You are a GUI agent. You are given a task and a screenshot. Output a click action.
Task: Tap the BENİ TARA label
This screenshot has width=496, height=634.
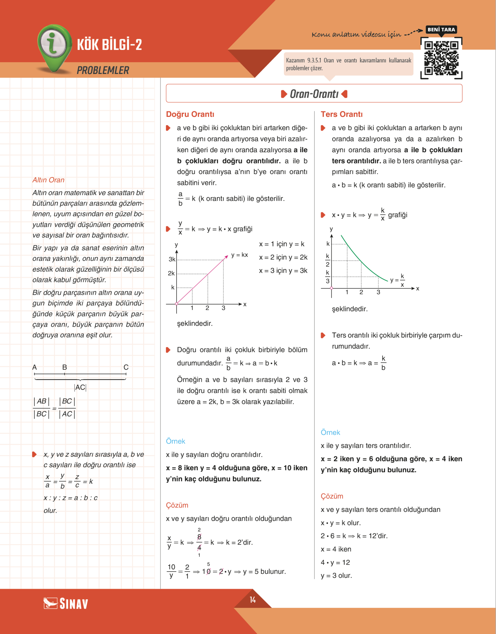pyautogui.click(x=441, y=30)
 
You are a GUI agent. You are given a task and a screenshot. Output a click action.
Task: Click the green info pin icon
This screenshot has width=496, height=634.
pyautogui.click(x=54, y=46)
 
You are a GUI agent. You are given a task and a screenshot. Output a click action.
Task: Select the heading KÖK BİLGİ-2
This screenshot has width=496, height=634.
pyautogui.click(x=109, y=45)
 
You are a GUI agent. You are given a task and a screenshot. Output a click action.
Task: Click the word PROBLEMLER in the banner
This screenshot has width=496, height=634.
pyautogui.click(x=103, y=70)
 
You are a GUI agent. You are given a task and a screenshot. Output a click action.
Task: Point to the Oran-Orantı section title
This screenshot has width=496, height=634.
pyautogui.click(x=314, y=94)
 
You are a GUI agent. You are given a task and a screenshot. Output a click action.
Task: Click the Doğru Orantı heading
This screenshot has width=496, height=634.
pyautogui.click(x=190, y=114)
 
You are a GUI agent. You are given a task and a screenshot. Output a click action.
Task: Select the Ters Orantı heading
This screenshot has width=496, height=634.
pyautogui.click(x=342, y=114)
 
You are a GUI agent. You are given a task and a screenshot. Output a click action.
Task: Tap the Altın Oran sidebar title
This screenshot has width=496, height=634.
pyautogui.click(x=48, y=180)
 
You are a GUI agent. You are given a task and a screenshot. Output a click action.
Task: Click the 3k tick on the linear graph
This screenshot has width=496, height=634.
pyautogui.click(x=172, y=259)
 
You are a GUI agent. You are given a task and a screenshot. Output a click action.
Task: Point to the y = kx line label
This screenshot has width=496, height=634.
pyautogui.click(x=239, y=255)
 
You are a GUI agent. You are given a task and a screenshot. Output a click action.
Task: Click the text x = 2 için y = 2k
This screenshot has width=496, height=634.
pyautogui.click(x=283, y=257)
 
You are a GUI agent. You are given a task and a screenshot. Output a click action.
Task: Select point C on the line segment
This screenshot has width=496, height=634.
pyautogui.click(x=126, y=368)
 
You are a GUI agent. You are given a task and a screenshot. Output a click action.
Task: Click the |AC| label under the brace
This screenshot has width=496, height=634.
pyautogui.click(x=80, y=387)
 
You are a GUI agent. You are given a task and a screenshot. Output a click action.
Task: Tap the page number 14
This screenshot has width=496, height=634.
pyautogui.click(x=253, y=600)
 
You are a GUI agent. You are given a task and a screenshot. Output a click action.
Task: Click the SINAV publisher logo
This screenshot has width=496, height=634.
pyautogui.click(x=66, y=604)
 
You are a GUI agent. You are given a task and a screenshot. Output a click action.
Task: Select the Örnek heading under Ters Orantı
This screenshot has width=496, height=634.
pyautogui.click(x=330, y=433)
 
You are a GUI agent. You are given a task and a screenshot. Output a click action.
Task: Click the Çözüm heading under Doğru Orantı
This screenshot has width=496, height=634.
pyautogui.click(x=177, y=505)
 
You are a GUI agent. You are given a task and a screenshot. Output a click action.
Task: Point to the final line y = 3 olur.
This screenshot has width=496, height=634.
pyautogui.click(x=336, y=576)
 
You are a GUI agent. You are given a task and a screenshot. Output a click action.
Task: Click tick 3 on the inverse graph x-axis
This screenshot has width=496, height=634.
pyautogui.click(x=378, y=292)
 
